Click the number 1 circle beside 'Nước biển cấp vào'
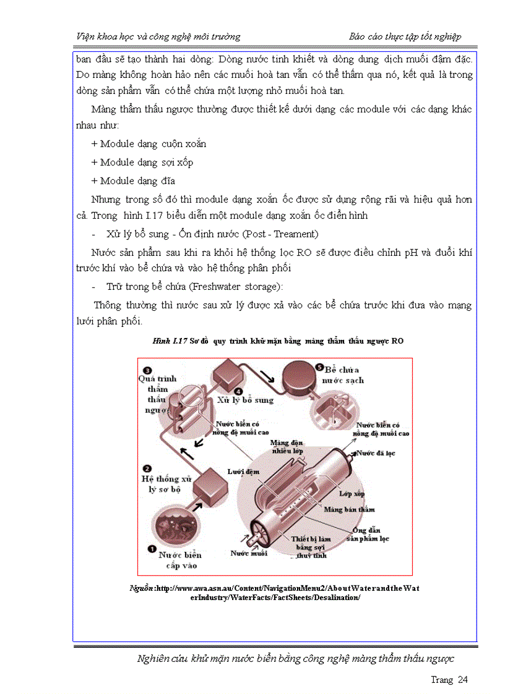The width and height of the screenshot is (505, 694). (149, 548)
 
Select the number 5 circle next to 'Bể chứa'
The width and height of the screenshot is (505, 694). (319, 366)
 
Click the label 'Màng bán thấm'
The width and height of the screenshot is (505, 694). (350, 509)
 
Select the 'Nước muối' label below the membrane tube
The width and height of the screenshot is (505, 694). (249, 553)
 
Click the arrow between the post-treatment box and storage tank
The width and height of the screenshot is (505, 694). (265, 376)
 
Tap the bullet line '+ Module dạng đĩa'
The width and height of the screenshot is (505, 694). (132, 181)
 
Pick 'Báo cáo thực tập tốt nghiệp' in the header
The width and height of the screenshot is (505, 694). (405, 36)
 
